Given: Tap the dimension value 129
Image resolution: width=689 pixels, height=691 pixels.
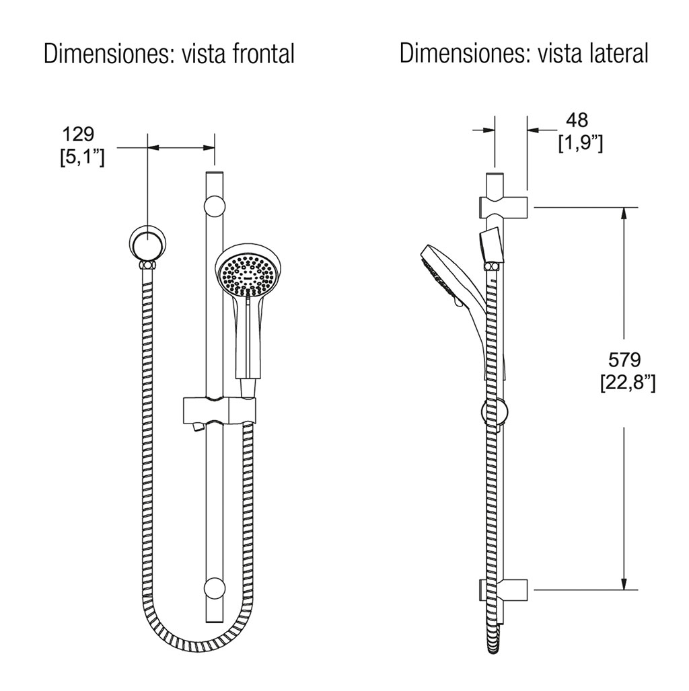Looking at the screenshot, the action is tap(79, 134).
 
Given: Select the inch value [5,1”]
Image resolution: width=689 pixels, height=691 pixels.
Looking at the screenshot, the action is tap(83, 157).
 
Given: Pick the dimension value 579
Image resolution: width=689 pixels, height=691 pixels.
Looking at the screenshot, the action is tap(624, 360).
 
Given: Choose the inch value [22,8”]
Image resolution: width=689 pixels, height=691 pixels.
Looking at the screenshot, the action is tap(628, 383).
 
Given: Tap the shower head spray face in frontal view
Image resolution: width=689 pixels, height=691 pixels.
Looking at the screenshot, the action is tap(250, 274).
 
